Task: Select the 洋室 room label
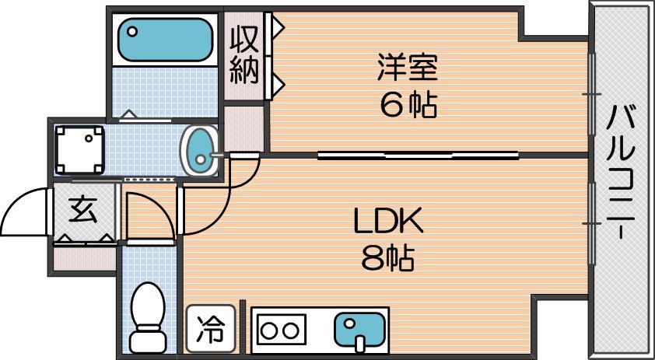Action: [408, 68]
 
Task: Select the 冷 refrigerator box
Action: [208, 328]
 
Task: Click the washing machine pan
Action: [79, 148]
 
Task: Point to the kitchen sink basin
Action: [359, 328]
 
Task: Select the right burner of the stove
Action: [291, 330]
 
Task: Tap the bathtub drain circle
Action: [132, 33]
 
